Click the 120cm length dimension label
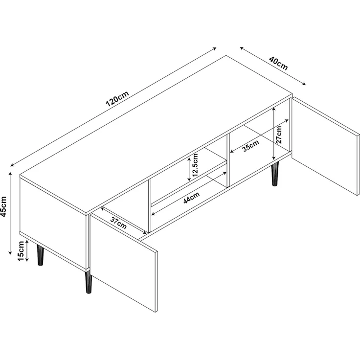click(117, 99)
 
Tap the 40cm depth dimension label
click(278, 63)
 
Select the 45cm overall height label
click(4, 206)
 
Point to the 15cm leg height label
click(21, 251)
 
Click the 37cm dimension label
click(118, 223)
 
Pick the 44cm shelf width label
click(191, 198)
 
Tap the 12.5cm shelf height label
click(195, 165)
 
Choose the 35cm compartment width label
click(251, 146)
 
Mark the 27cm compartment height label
click(279, 135)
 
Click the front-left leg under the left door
click(89, 282)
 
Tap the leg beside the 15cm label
click(41, 255)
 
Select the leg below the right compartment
click(274, 174)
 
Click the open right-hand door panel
click(325, 146)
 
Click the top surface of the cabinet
click(156, 135)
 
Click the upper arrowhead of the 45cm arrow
click(10, 174)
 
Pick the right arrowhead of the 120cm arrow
click(214, 48)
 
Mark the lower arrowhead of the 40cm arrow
click(304, 84)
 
